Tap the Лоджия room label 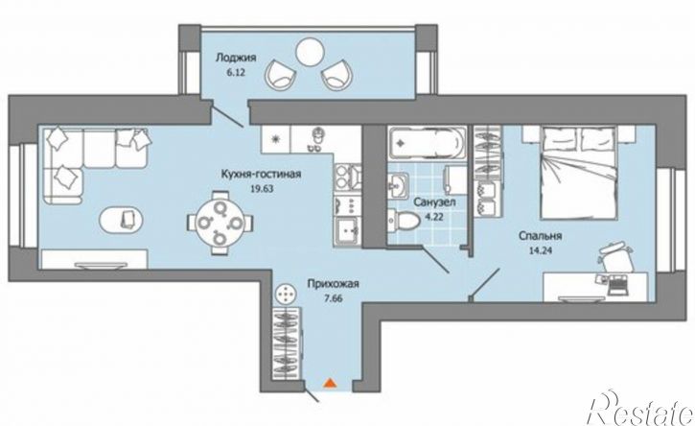point(236,58)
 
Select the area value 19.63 point(262,188)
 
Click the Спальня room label point(541,236)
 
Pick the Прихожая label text point(333,284)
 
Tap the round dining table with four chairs point(220,223)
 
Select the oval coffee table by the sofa point(121,220)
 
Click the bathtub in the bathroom point(428,143)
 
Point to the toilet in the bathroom point(404,220)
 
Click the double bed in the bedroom point(578,172)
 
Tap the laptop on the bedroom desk point(617,284)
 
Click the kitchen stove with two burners point(347,177)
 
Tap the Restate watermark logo point(639,409)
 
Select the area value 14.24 point(541,249)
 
